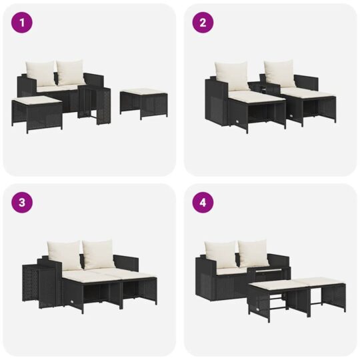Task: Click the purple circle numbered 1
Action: pos(22,23)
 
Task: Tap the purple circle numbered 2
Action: pos(203,23)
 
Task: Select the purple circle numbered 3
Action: pos(22,203)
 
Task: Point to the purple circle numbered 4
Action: pos(203,203)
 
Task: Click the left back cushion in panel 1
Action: pos(40,73)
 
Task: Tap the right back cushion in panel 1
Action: pos(70,72)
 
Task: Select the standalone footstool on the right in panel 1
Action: pos(144,104)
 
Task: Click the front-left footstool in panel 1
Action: pos(37,113)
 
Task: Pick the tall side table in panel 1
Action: pos(94,105)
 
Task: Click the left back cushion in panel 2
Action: pos(231,76)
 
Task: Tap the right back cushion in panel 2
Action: pos(279,74)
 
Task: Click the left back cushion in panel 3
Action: pos(65,255)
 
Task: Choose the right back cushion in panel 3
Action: pos(98,254)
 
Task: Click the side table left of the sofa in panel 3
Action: pos(39,285)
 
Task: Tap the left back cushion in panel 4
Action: pos(221,255)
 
